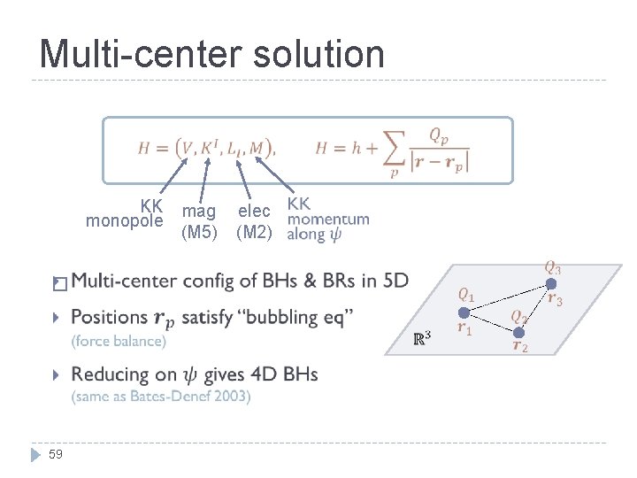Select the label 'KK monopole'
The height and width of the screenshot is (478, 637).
tap(126, 212)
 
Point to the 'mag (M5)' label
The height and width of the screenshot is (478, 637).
tap(199, 222)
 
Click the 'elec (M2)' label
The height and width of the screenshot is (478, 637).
tap(254, 222)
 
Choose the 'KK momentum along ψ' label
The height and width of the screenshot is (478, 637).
tap(327, 219)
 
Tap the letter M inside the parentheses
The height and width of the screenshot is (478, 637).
tap(257, 148)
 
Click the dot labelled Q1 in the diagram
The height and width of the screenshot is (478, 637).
tap(463, 312)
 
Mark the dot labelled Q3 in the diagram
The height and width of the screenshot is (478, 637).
tap(550, 283)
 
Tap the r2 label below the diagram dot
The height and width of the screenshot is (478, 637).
tap(520, 347)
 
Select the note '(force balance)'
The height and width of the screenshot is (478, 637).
tap(119, 341)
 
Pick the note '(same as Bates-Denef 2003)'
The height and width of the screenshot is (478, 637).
tap(161, 397)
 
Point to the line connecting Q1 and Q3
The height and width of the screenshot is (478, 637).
tap(506, 297)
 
